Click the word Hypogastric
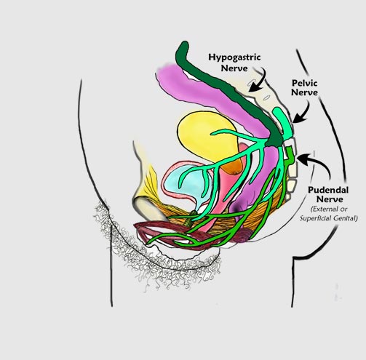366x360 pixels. pos(234,57)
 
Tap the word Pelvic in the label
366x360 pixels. pos(305,83)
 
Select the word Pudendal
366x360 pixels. pos(328,190)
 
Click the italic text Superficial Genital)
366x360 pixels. pos(329,218)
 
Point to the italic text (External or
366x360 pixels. pos(329,209)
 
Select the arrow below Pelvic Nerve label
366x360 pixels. pos(302,112)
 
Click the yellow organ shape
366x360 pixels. pos(206,136)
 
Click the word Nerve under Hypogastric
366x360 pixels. pos(234,68)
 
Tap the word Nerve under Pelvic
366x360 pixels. pos(304,92)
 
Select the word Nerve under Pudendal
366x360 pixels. pos(330,199)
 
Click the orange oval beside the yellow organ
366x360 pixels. pos(234,165)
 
